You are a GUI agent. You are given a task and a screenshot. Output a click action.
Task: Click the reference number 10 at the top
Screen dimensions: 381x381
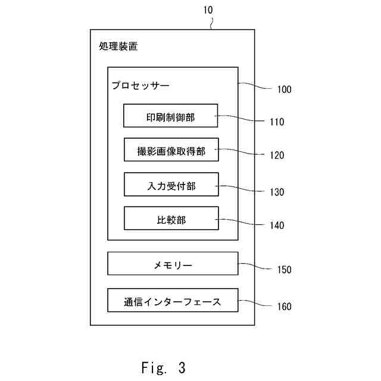pyautogui.click(x=208, y=10)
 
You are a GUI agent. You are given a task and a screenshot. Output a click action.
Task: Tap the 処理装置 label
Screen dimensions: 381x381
pyautogui.click(x=118, y=46)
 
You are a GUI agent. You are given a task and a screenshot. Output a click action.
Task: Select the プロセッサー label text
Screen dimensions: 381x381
pyautogui.click(x=140, y=86)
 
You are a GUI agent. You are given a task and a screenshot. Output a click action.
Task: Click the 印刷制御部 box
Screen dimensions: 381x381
pyautogui.click(x=171, y=115)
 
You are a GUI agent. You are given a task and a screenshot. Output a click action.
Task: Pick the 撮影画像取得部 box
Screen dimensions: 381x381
pyautogui.click(x=171, y=149)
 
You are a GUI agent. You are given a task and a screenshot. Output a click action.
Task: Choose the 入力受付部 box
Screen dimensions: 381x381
pyautogui.click(x=171, y=185)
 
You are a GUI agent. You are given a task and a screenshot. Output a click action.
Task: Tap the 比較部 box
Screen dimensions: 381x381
pyautogui.click(x=171, y=218)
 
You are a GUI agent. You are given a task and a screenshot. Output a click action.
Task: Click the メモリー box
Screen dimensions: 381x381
pyautogui.click(x=173, y=264)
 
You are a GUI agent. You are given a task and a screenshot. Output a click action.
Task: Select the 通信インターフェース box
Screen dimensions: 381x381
pyautogui.click(x=173, y=300)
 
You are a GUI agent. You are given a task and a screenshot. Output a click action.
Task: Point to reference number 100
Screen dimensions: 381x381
pyautogui.click(x=285, y=89)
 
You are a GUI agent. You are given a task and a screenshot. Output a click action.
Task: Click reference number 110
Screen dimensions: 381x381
pyautogui.click(x=277, y=121)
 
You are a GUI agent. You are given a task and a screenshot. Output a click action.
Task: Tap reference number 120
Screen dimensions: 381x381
pyautogui.click(x=277, y=155)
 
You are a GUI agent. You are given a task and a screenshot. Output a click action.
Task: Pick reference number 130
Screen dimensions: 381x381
pyautogui.click(x=277, y=192)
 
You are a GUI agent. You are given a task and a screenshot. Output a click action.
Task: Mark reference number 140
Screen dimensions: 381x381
pyautogui.click(x=277, y=225)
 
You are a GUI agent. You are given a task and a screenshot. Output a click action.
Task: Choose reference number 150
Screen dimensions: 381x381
pyautogui.click(x=285, y=270)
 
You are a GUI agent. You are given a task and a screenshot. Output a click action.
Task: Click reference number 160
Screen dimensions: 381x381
pyautogui.click(x=285, y=307)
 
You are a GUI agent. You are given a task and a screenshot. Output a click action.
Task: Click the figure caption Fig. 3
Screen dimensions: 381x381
pyautogui.click(x=163, y=367)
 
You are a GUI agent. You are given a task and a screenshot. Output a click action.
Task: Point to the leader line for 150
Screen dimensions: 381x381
pyautogui.click(x=255, y=266)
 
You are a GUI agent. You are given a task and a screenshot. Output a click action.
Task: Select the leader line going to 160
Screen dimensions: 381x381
pyautogui.click(x=255, y=303)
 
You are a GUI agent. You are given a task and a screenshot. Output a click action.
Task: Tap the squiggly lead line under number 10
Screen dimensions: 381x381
pyautogui.click(x=211, y=24)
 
